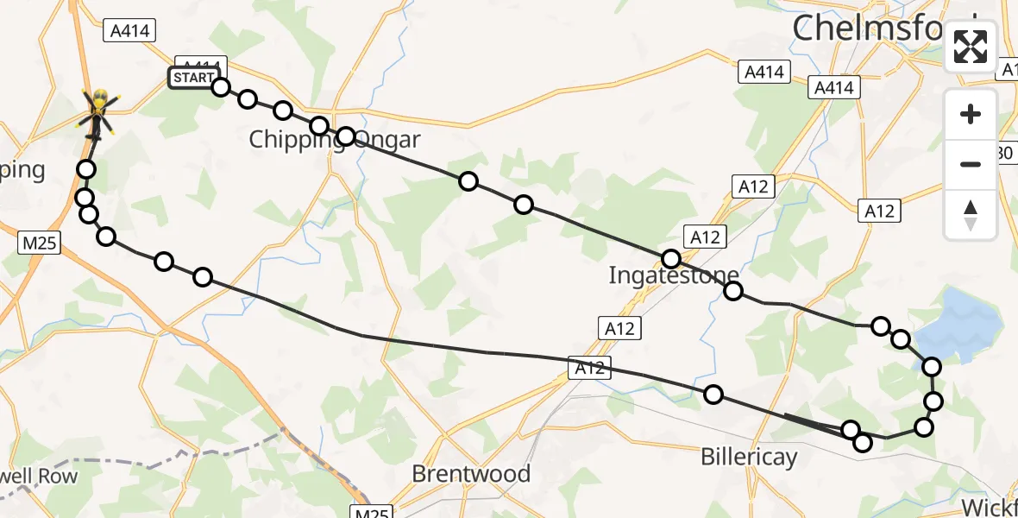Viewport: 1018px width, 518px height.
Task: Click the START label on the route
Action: click(x=192, y=78)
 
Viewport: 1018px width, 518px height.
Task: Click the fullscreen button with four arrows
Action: click(x=971, y=47)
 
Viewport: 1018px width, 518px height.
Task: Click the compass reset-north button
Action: click(x=971, y=214)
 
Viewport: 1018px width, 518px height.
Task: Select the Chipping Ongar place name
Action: click(x=335, y=140)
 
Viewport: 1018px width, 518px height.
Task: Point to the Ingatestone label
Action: click(x=674, y=275)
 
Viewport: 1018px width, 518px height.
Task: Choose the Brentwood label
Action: click(x=471, y=474)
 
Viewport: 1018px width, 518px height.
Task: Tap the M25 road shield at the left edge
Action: click(x=39, y=243)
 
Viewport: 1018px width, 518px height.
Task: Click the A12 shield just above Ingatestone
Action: click(x=705, y=236)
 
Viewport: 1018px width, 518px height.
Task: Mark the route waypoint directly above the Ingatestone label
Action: click(x=671, y=258)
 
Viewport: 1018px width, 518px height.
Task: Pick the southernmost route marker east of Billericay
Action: click(x=862, y=443)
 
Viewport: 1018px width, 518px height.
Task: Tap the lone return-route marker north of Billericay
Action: click(x=713, y=395)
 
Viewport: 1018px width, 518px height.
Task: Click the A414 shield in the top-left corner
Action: click(x=129, y=31)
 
